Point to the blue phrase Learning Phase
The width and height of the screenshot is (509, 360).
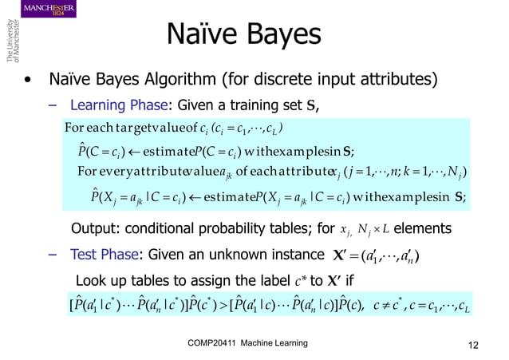click(119, 105)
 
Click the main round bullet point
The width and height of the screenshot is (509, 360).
click(29, 80)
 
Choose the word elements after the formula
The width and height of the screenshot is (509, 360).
click(423, 229)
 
